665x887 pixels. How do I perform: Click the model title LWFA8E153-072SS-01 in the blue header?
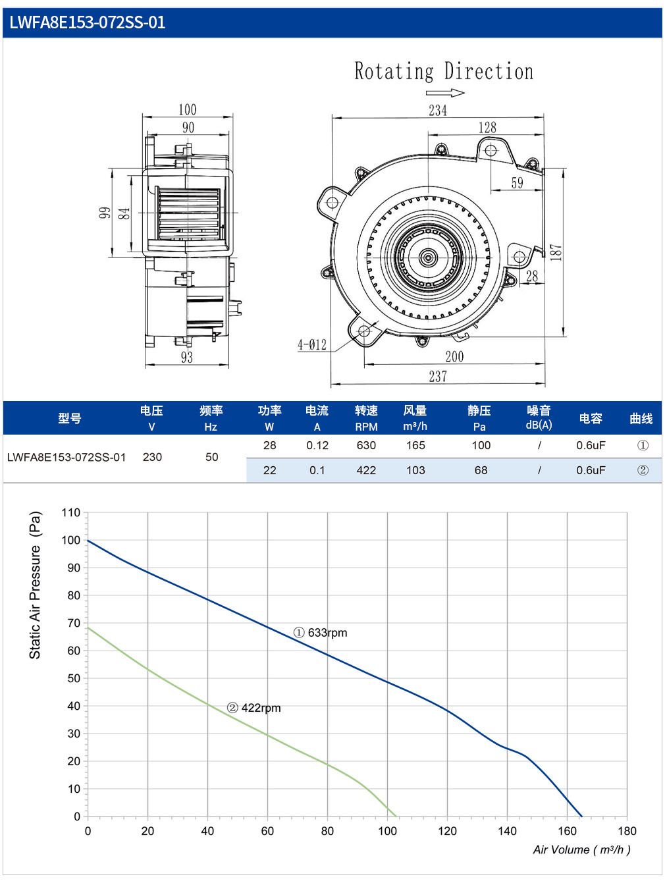88,22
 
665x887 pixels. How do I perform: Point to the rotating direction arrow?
445,93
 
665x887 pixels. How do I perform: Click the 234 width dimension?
438,111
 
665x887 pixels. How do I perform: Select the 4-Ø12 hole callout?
312,344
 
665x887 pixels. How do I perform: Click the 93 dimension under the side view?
186,357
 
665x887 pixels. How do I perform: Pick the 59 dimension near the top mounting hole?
517,183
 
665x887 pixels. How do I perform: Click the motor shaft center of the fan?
427,257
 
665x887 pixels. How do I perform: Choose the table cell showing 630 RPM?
366,445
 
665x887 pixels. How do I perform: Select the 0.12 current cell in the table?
317,445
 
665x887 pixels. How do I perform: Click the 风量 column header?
415,410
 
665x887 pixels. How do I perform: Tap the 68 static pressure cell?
481,470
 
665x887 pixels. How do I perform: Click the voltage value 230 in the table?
152,457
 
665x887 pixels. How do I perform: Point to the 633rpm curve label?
320,632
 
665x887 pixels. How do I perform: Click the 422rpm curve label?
253,708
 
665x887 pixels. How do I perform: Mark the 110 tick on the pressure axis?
70,512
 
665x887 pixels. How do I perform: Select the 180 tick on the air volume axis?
627,831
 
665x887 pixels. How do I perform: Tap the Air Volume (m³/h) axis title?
581,849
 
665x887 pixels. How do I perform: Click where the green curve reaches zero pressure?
396,816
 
